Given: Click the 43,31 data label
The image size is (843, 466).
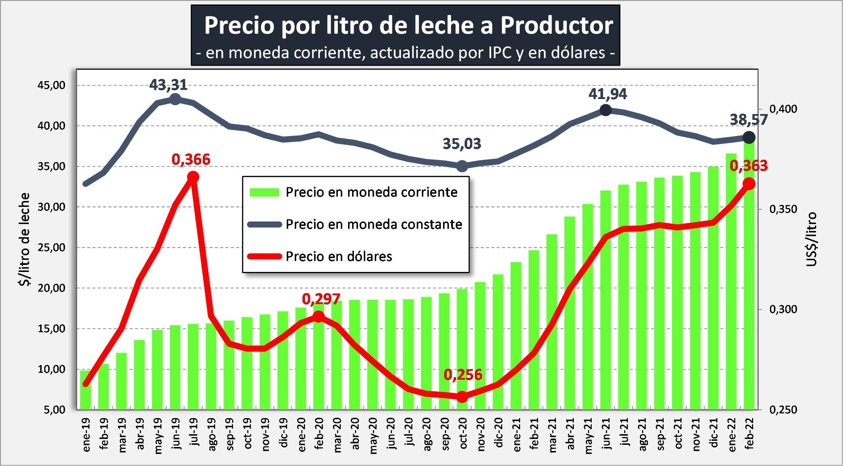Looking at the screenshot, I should pos(168,85).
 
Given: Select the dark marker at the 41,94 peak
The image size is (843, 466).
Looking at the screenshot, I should pos(606,110).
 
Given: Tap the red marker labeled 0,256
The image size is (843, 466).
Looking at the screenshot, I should pos(462,397).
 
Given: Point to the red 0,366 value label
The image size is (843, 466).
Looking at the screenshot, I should pos(191,159).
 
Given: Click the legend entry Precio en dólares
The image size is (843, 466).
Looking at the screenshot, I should pos(339,256).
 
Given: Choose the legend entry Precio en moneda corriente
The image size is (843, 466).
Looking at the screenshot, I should pos(371,192).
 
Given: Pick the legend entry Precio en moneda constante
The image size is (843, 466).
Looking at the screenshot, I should pos(374,224).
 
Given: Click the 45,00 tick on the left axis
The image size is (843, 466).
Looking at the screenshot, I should pos(51,85).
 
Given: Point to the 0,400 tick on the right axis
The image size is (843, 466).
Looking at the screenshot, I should pos(783,109).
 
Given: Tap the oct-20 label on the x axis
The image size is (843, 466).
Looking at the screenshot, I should pos(463,433).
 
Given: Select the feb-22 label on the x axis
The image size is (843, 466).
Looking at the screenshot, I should pos(749,433).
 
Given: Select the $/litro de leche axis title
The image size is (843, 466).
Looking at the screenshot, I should pos(24,239).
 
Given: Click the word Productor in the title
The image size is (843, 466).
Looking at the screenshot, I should pos(557,26).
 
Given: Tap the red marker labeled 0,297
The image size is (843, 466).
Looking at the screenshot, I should pos(318,316).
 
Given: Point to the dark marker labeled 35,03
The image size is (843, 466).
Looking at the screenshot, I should pos(462,166).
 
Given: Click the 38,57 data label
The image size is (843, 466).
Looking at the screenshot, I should pos(748,120).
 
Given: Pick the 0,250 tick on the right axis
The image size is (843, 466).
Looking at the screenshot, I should pos(783,410).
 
